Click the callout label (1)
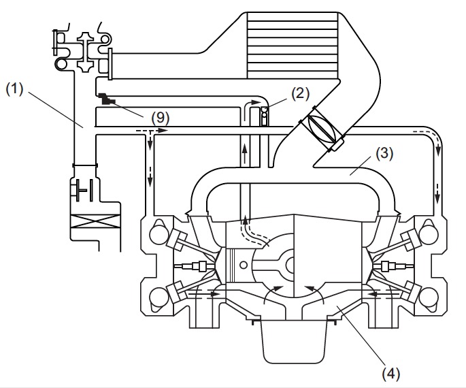point(14,89)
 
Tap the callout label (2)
point(301,94)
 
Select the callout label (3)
point(384,154)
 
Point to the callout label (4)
point(390,373)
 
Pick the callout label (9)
point(160,118)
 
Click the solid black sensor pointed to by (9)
point(106,99)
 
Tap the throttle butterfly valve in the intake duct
point(322,129)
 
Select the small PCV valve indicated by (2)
point(264,116)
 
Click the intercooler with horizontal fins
point(293,45)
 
